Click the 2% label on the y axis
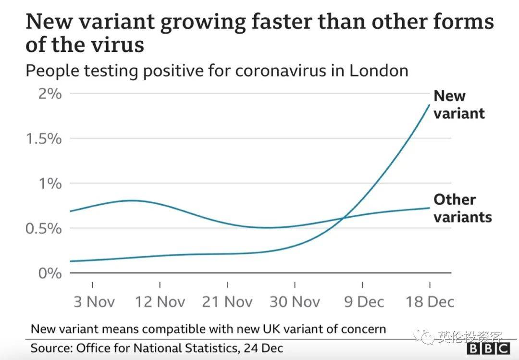pos(49,94)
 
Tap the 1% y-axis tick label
pos(49,184)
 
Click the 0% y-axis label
pos(49,273)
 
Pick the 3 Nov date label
pos(94,302)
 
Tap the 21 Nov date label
pos(227,302)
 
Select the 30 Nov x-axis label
pos(295,302)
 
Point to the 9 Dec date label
pos(364,302)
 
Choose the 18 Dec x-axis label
pos(430,302)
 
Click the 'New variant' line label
pos(459,104)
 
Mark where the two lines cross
pos(343,219)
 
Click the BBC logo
pos(489,348)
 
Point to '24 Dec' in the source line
pos(263,348)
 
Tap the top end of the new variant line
pos(429,104)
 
